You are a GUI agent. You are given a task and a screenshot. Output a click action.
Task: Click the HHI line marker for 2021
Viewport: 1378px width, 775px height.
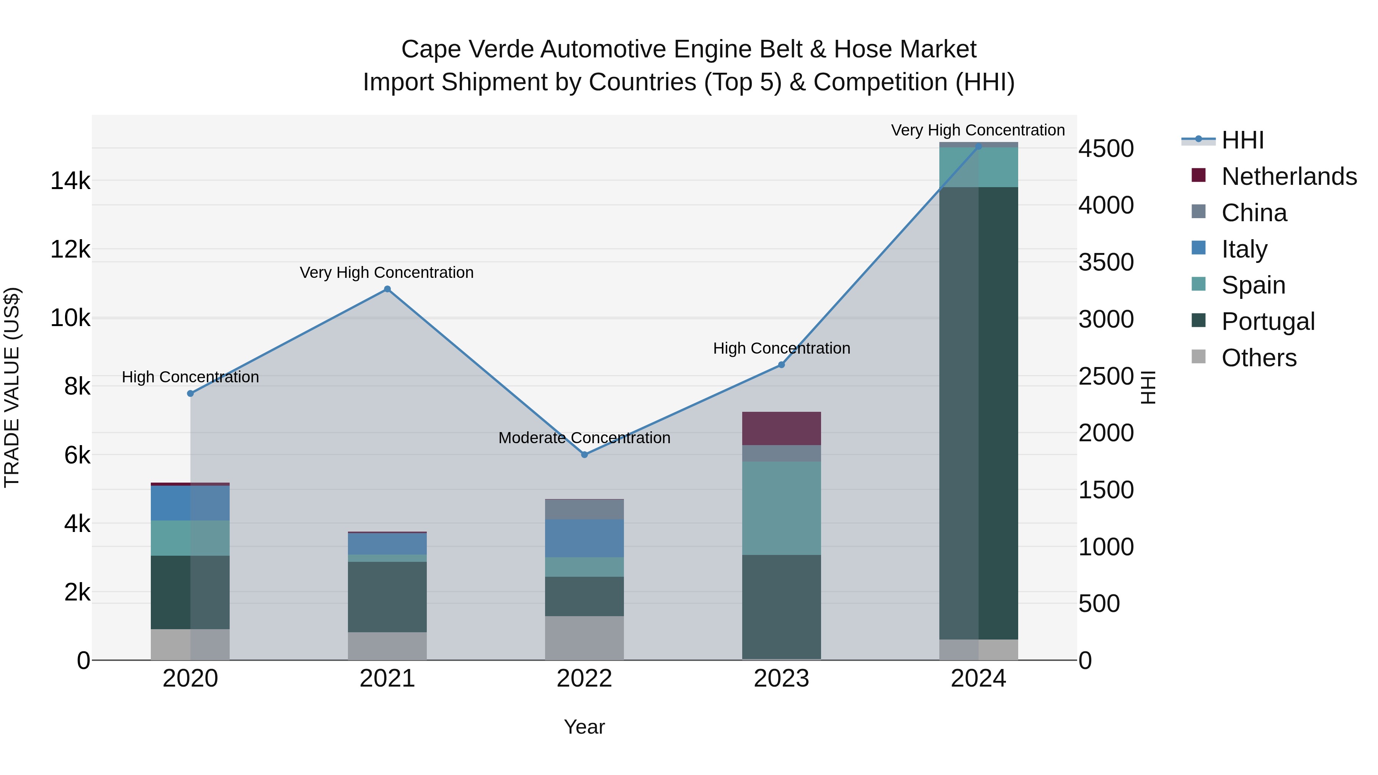point(387,289)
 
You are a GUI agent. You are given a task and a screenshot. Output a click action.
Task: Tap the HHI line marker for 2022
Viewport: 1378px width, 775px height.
point(584,455)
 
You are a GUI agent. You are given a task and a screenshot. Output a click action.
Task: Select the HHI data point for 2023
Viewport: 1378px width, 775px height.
point(781,365)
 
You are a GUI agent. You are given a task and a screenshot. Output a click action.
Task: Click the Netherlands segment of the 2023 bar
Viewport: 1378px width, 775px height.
point(781,428)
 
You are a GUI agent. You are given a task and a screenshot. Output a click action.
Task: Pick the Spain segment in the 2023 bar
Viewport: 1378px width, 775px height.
point(781,508)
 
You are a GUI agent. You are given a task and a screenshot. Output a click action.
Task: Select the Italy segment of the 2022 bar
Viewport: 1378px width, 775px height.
point(584,538)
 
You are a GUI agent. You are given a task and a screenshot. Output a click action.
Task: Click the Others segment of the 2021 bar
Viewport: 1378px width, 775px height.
point(387,646)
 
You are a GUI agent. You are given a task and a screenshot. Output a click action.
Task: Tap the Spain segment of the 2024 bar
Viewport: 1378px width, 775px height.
point(978,167)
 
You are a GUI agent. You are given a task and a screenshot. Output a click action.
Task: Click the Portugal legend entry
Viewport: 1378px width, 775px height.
point(1267,321)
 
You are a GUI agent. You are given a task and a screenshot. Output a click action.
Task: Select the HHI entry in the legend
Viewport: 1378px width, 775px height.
point(1242,140)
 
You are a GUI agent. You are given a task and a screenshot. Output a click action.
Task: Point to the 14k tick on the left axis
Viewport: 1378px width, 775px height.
point(70,181)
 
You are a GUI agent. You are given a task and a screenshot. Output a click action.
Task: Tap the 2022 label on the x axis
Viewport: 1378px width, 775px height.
point(584,679)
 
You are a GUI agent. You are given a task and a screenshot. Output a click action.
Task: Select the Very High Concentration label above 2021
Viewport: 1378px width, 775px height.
point(387,273)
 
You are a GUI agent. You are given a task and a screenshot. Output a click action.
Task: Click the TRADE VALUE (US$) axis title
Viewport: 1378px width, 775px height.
point(12,387)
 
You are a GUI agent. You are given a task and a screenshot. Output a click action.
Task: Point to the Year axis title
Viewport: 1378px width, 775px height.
point(584,727)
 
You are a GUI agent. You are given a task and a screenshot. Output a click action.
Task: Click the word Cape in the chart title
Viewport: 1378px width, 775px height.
point(431,49)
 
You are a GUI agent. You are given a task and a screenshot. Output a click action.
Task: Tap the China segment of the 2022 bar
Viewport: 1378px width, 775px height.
point(584,509)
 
